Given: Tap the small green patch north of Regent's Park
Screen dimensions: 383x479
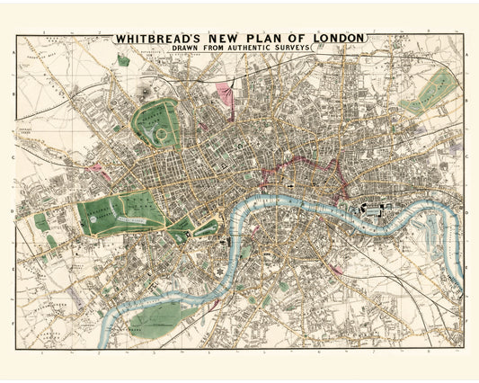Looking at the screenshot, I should [x=123, y=62].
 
